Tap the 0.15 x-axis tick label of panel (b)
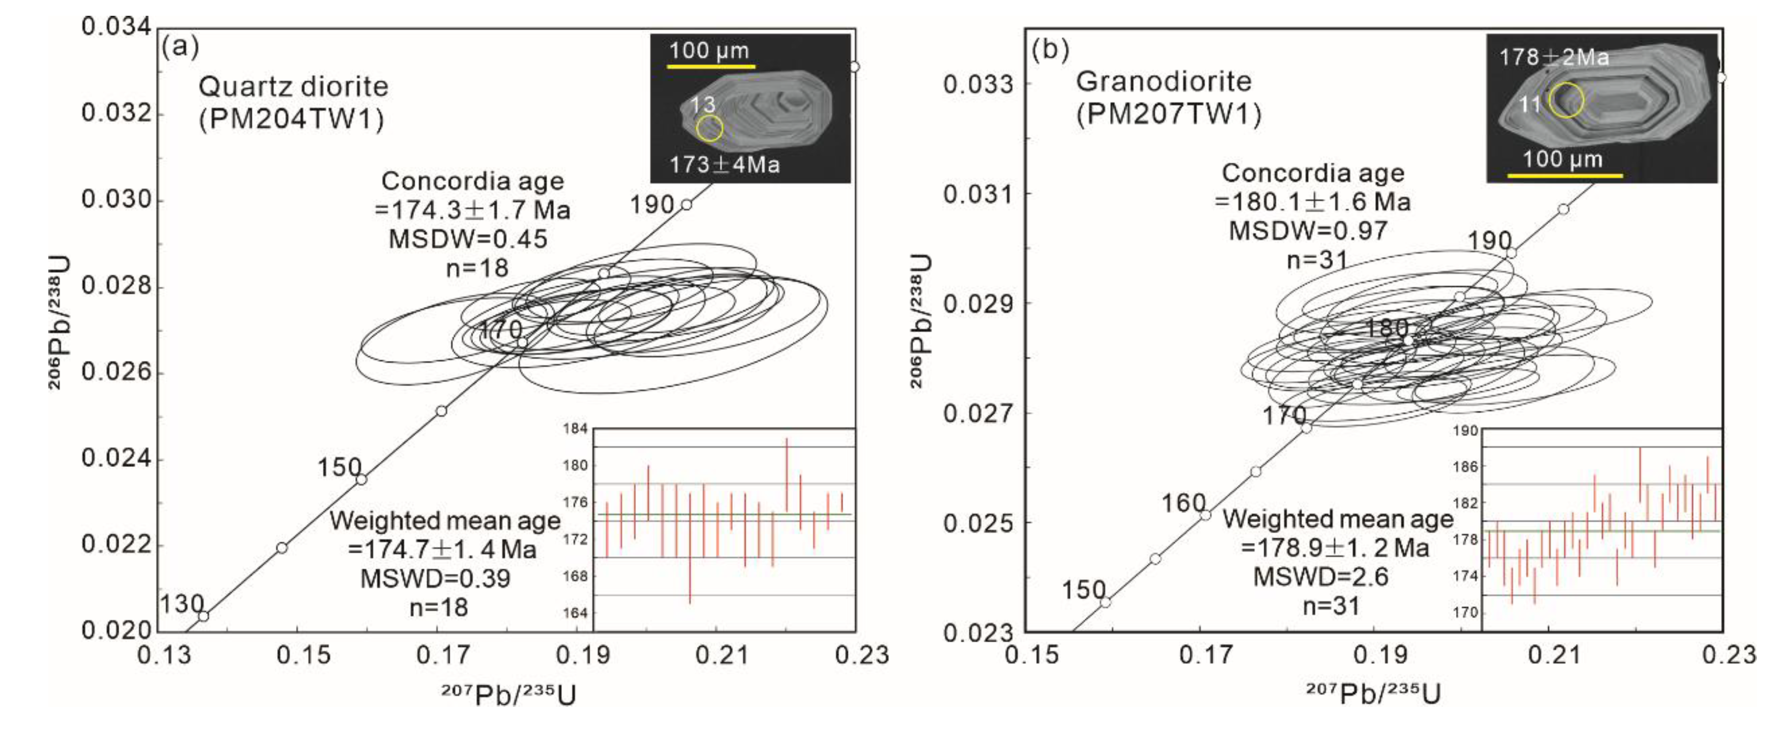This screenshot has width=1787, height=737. pyautogui.click(x=1032, y=655)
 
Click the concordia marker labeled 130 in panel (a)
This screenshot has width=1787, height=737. pyautogui.click(x=203, y=616)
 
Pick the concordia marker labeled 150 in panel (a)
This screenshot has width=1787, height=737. pyautogui.click(x=361, y=479)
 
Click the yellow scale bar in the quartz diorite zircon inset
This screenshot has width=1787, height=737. pyautogui.click(x=711, y=67)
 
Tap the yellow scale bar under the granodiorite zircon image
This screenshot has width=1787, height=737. pyautogui.click(x=1564, y=176)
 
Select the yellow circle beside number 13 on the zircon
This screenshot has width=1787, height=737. pyautogui.click(x=709, y=128)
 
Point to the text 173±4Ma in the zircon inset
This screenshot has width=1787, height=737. pyautogui.click(x=724, y=165)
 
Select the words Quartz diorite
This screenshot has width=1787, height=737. pyautogui.click(x=293, y=87)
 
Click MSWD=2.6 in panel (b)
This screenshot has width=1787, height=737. pyautogui.click(x=1320, y=577)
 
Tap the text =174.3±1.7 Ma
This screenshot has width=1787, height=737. pyautogui.click(x=472, y=210)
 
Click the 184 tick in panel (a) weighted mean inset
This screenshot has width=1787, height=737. pyautogui.click(x=575, y=429)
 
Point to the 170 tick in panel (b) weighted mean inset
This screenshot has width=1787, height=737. pyautogui.click(x=1465, y=612)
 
